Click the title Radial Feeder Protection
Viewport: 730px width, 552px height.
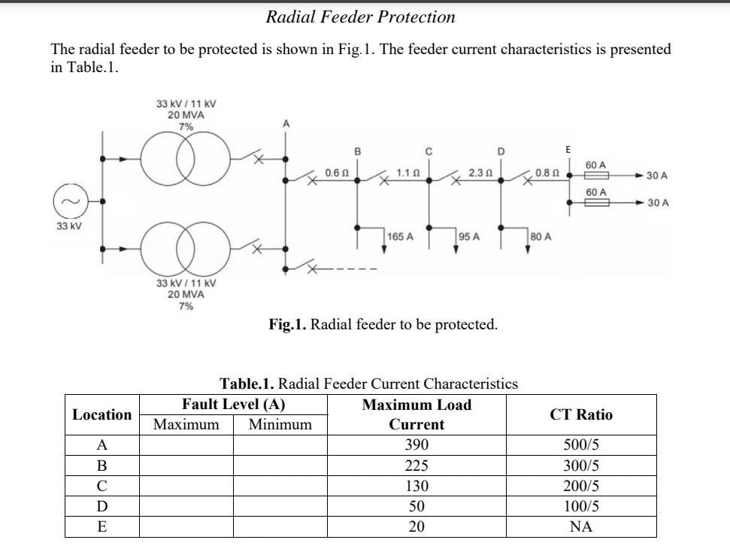coord(360,17)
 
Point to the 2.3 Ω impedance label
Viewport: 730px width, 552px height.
coord(480,173)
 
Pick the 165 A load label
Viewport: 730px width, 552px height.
coord(399,237)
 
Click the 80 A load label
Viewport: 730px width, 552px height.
coord(541,237)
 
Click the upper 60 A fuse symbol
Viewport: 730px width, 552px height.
coord(596,175)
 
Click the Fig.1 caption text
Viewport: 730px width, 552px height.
coord(383,325)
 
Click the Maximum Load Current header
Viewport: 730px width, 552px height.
coord(416,414)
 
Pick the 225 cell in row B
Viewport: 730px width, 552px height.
coord(416,465)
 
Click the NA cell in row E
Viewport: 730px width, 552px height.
coord(581,527)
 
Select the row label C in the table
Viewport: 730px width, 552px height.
coord(101,486)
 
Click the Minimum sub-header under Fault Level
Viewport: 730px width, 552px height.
coord(280,425)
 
